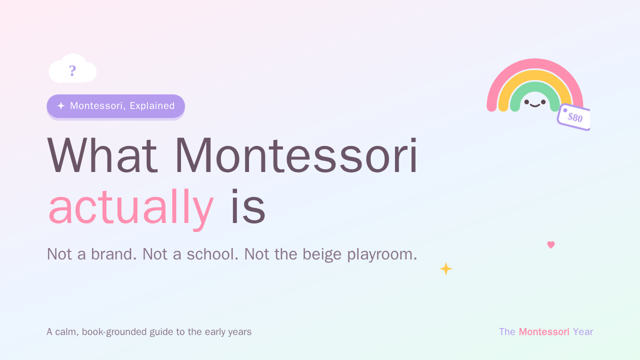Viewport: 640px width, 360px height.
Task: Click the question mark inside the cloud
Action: coord(72,70)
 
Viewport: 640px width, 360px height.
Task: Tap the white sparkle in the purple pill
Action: coord(61,105)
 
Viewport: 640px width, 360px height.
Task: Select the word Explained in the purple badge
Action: coord(152,105)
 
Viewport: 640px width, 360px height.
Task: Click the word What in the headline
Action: coord(102,155)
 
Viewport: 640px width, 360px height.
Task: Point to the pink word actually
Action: coord(131,207)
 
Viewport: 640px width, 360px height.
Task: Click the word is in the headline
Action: coord(248,206)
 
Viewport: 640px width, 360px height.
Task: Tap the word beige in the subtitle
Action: coord(322,254)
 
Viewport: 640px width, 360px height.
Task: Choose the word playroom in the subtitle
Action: coord(382,254)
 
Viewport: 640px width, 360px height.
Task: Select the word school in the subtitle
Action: coord(212,254)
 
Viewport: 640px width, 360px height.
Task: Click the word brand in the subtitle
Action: coord(113,254)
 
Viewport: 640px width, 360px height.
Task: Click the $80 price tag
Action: coord(573,117)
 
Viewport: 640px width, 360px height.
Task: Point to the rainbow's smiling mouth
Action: coord(535,105)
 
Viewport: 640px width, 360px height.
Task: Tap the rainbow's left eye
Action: coord(526,102)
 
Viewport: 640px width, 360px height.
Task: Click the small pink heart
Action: coord(551,244)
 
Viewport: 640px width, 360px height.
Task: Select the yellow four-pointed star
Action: coord(445,268)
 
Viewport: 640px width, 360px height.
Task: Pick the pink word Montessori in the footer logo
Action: coord(544,331)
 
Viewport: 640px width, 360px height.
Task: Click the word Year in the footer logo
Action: coord(583,331)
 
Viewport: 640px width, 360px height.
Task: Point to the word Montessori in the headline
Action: coord(296,155)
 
